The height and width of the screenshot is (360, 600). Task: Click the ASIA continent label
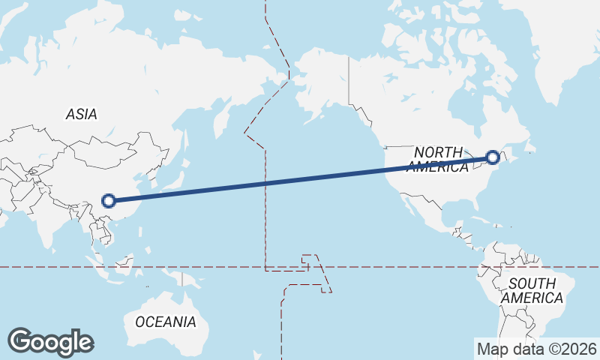[x=82, y=114]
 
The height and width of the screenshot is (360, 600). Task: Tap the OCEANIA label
[x=166, y=322]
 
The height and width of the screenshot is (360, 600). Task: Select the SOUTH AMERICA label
[x=532, y=291]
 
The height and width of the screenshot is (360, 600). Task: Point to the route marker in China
[x=109, y=200]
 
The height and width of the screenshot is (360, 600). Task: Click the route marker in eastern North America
[x=493, y=157]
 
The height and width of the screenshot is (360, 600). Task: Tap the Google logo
[x=50, y=342]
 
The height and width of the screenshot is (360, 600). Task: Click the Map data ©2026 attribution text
[x=537, y=349]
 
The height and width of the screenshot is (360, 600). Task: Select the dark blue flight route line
[x=300, y=179]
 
